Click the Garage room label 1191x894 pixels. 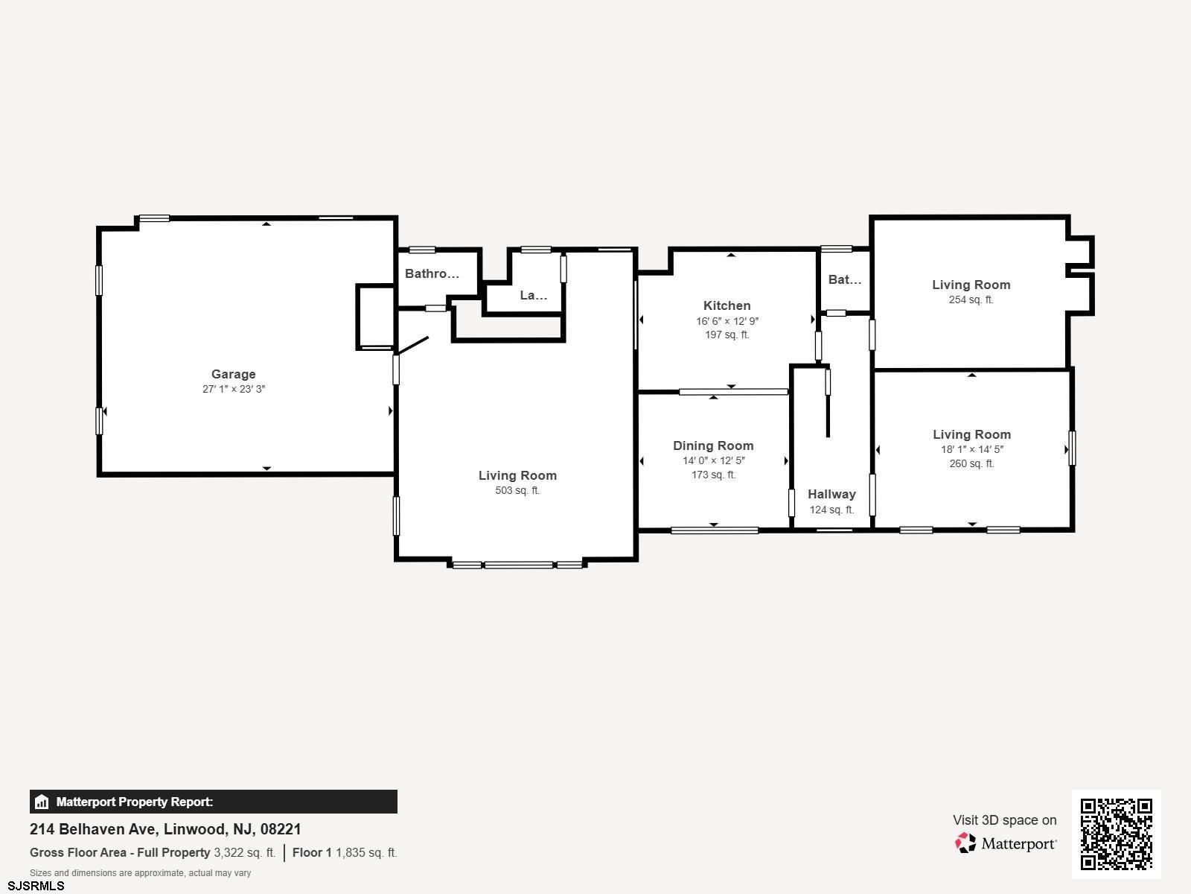233,374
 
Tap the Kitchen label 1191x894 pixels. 727,305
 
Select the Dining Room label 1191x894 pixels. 713,446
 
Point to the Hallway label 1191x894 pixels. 831,494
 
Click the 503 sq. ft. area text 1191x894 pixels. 517,491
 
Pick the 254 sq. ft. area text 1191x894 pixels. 971,299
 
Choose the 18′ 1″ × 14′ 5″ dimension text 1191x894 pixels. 972,449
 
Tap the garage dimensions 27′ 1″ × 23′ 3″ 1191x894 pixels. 233,389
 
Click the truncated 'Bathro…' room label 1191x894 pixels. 432,273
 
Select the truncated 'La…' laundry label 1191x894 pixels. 534,295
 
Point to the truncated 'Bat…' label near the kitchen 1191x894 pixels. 844,279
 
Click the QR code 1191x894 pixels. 1116,834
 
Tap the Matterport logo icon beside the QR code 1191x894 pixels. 965,843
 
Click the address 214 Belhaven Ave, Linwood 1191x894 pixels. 165,829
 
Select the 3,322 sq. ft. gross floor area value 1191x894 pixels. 244,853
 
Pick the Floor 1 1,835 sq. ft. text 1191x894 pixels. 345,853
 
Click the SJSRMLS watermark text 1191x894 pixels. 36,887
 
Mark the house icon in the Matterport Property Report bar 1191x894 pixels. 41,802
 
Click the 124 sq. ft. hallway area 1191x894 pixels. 831,510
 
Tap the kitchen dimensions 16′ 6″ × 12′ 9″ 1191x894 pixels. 727,321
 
